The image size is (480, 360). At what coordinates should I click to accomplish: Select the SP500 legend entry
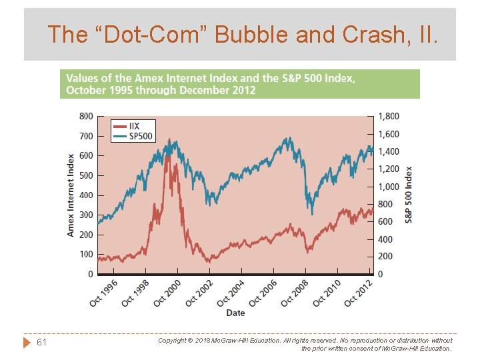(140, 136)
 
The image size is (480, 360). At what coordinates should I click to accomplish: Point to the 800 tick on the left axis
(86, 116)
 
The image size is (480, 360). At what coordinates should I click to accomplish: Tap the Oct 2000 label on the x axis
(167, 293)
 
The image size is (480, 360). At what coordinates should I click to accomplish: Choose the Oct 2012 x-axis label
(359, 293)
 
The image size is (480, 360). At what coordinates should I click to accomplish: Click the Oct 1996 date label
(103, 293)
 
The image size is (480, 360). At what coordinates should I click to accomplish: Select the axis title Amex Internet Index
(71, 195)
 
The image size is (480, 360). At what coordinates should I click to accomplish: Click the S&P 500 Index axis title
(409, 195)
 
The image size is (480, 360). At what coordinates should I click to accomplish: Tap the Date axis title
(235, 313)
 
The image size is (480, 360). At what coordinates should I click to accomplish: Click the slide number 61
(41, 342)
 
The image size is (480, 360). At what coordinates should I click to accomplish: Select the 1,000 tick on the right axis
(389, 187)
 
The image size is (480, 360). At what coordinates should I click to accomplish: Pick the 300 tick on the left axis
(86, 215)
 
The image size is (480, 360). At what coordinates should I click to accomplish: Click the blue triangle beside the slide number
(27, 342)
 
